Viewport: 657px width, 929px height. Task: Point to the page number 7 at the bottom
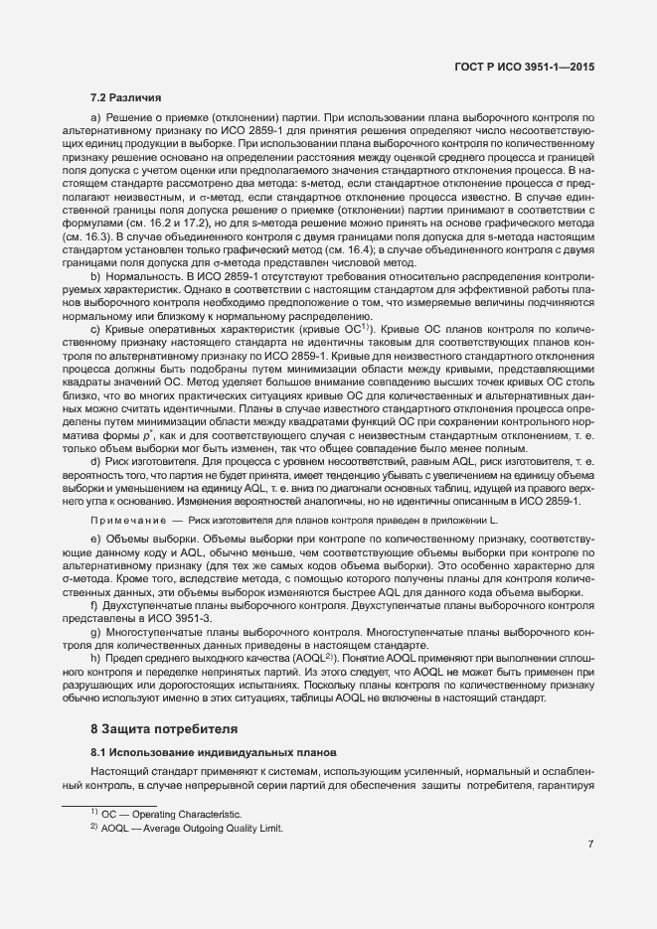pos(590,846)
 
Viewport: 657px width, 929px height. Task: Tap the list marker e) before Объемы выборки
pos(95,538)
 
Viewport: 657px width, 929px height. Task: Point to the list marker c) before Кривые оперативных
pos(95,328)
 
